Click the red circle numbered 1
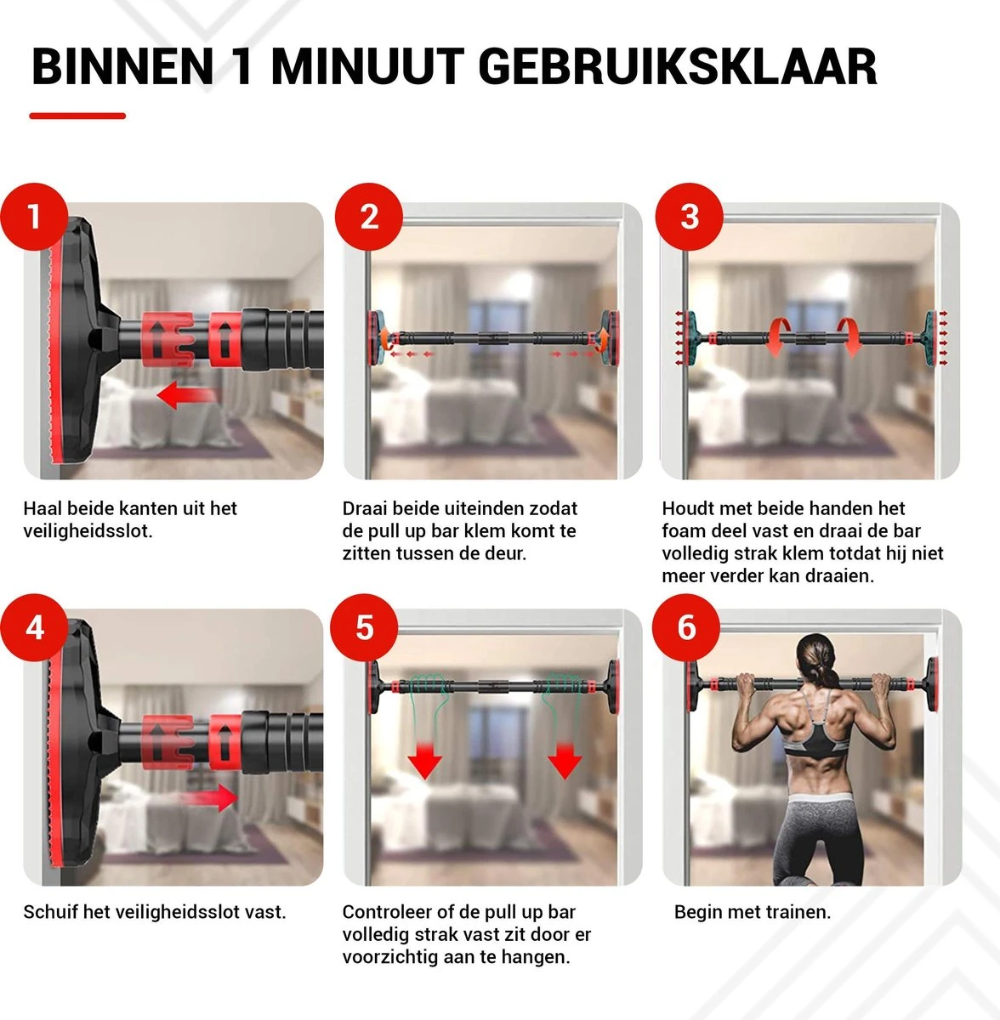coord(34,217)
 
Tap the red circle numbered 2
coord(369,217)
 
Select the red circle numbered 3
coord(689,217)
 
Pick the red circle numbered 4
coord(34,628)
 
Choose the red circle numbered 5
coord(365,628)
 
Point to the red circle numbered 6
coord(686,628)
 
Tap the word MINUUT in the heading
coord(367,67)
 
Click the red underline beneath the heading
coord(77,116)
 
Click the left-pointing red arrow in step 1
coord(186,396)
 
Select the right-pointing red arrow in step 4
coord(209,798)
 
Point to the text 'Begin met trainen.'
coord(752,912)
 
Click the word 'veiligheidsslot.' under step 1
coord(88,531)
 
